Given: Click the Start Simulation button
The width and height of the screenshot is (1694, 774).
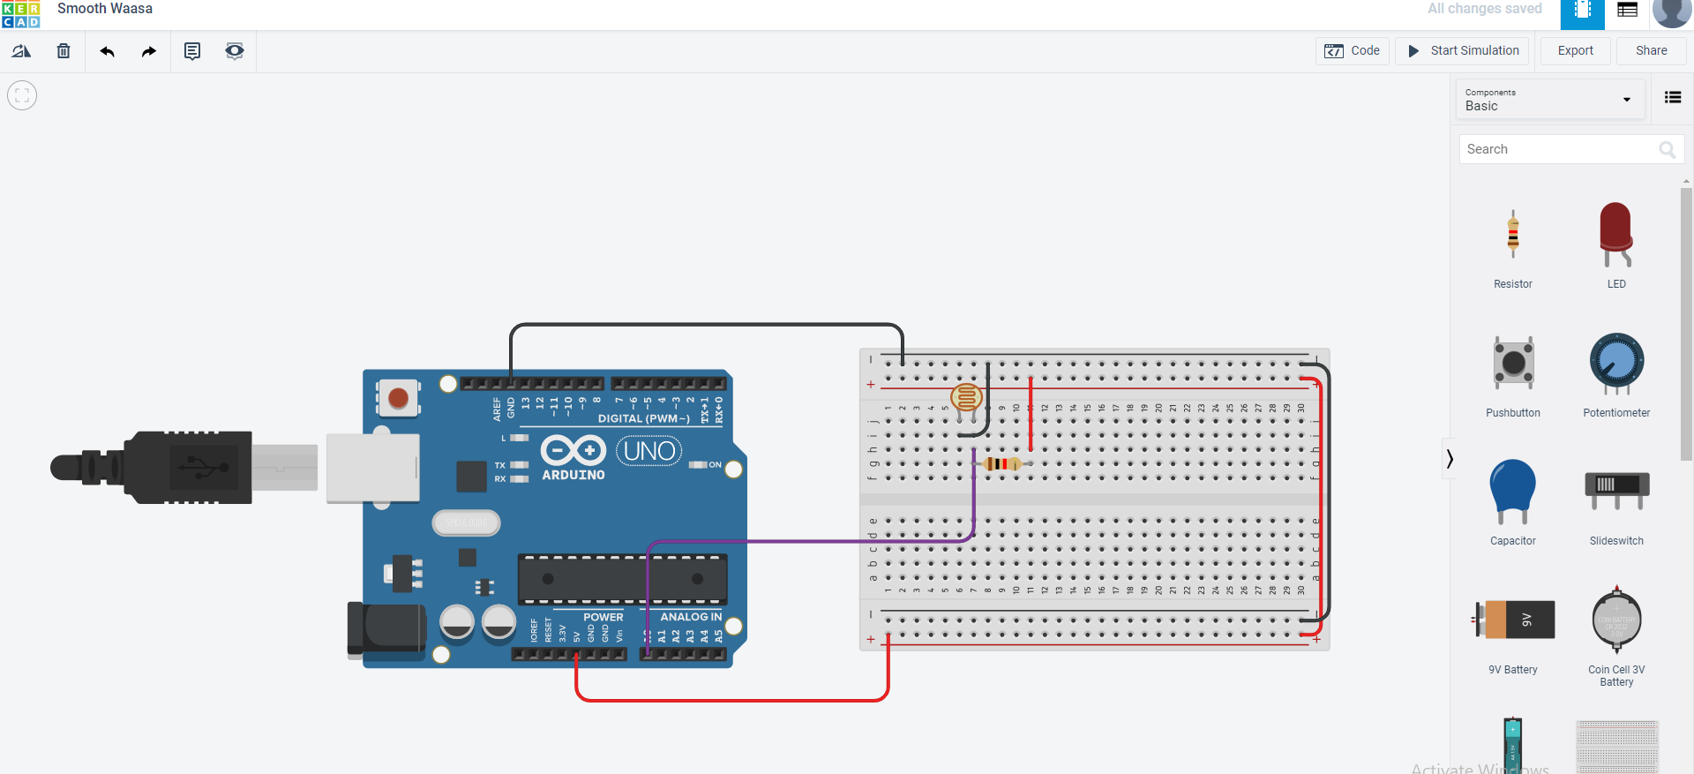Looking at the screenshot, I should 1462,51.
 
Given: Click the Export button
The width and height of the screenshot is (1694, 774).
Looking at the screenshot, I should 1575,51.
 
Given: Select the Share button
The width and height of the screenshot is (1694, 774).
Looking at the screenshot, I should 1651,51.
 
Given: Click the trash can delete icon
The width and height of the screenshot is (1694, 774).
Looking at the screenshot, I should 64,51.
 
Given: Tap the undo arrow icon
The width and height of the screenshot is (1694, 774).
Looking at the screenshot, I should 108,51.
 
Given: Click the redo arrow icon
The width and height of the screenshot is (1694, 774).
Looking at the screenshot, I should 148,51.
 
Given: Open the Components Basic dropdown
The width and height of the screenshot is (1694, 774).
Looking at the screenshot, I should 1548,99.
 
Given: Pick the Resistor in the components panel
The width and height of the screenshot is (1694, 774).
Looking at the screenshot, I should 1512,236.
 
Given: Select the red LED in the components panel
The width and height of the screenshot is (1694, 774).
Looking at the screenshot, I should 1615,234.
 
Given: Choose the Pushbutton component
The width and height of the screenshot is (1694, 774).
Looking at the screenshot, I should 1512,363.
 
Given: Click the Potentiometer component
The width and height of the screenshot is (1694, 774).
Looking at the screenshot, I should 1615,363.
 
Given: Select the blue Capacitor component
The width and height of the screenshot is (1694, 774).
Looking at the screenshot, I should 1512,490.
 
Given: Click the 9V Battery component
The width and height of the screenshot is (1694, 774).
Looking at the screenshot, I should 1512,620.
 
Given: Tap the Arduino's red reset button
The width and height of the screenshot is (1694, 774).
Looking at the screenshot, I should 398,398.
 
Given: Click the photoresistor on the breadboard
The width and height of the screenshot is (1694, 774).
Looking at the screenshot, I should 966,397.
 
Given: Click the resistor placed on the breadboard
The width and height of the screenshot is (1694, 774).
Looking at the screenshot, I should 1001,463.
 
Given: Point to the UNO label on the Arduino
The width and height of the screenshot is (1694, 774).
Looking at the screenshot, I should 649,451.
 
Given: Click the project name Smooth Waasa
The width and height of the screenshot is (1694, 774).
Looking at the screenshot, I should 105,9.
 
